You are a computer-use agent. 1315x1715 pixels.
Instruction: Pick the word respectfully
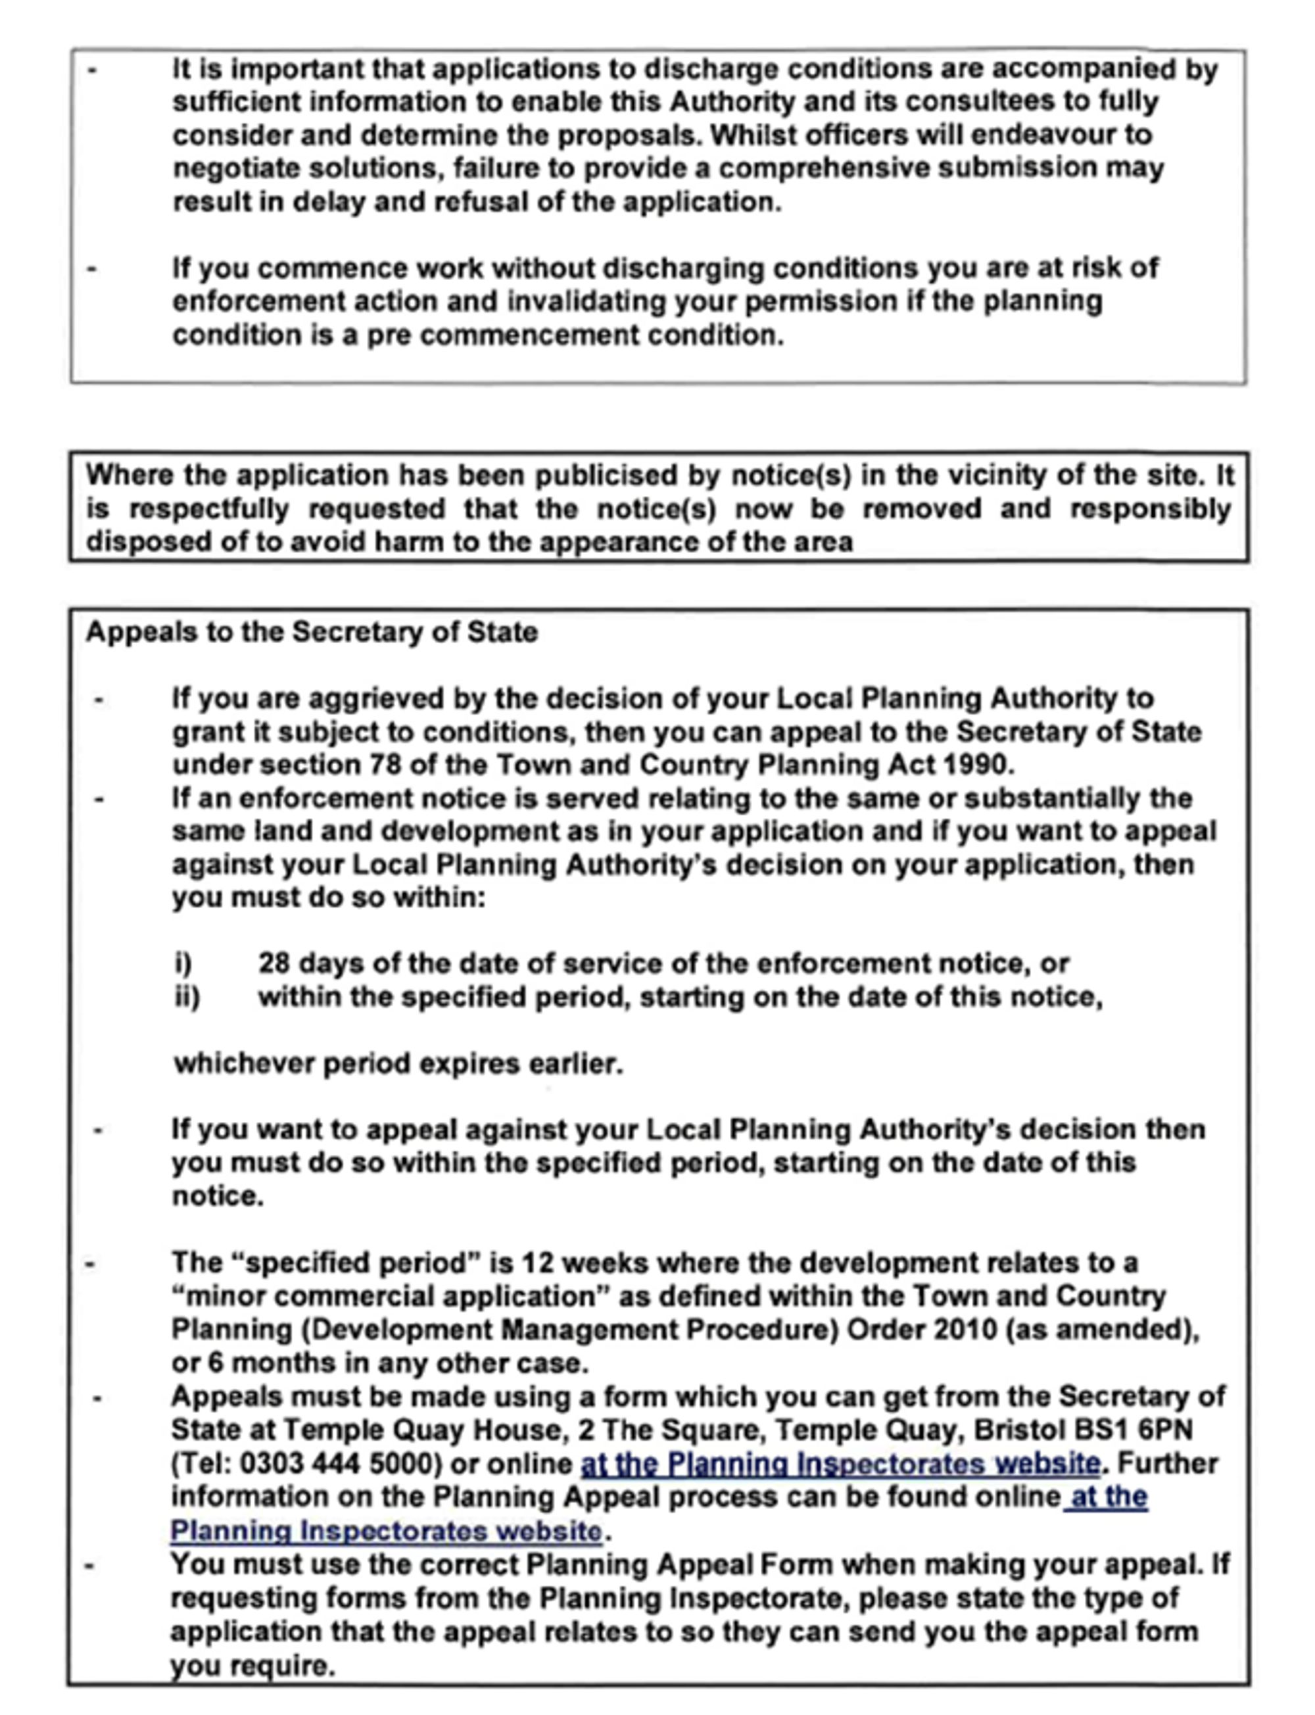(x=209, y=509)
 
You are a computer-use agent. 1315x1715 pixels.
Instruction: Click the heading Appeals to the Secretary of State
(x=312, y=633)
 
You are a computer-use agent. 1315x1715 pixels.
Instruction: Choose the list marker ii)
(x=187, y=997)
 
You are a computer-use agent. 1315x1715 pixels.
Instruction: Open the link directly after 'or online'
(x=840, y=1464)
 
